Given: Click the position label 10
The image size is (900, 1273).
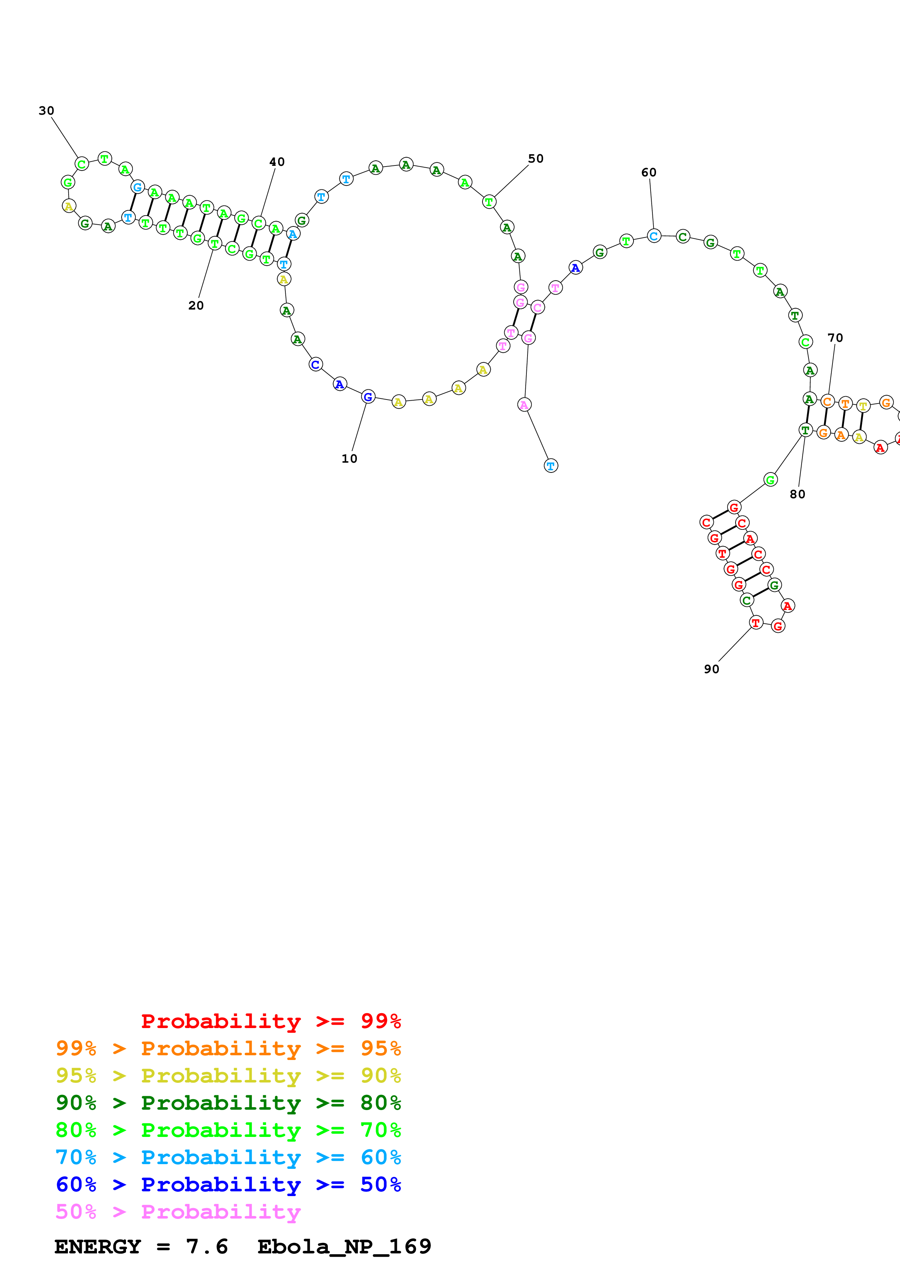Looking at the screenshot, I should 349,459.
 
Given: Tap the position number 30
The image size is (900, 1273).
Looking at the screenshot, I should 46,111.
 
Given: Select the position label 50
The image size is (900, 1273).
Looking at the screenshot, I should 535,159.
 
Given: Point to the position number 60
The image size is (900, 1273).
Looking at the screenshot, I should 649,172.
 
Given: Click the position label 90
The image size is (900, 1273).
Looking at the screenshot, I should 712,669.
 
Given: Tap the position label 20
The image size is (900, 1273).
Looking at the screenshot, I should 196,306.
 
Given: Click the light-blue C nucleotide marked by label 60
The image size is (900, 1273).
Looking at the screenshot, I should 654,236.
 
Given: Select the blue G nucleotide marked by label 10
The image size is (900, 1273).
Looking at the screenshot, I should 368,397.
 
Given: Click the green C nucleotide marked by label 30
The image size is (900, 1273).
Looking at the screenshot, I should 82,164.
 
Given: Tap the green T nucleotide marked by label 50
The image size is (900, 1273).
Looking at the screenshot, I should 489,202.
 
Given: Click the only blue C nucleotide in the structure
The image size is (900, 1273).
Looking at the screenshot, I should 315,364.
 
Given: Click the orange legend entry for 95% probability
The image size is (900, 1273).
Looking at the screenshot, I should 228,1048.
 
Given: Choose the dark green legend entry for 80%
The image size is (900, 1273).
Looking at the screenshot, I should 228,1103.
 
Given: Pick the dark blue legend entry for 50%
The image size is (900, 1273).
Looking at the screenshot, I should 228,1185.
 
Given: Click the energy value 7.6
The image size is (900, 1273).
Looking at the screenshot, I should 207,1247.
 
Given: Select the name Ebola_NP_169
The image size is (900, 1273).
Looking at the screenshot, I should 345,1247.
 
